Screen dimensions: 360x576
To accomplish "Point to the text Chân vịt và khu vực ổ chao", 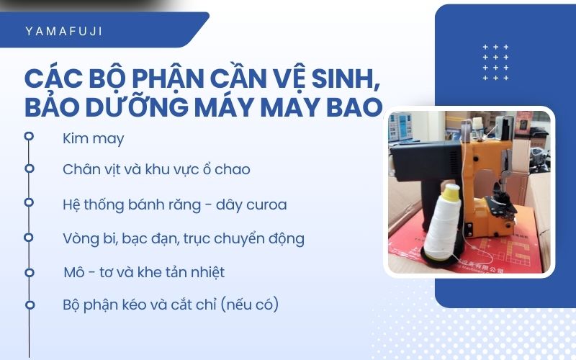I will pos(156,170).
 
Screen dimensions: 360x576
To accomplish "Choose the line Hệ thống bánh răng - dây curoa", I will pos(175,204).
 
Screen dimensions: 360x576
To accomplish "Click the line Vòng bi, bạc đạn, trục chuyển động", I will pos(184,238).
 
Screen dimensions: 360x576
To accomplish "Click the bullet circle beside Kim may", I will pos(29,135).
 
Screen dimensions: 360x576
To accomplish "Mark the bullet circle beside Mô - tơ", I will pos(30,272).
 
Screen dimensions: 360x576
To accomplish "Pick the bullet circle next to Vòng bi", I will pos(29,236).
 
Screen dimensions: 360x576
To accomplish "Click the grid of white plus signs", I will pos(496,62).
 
